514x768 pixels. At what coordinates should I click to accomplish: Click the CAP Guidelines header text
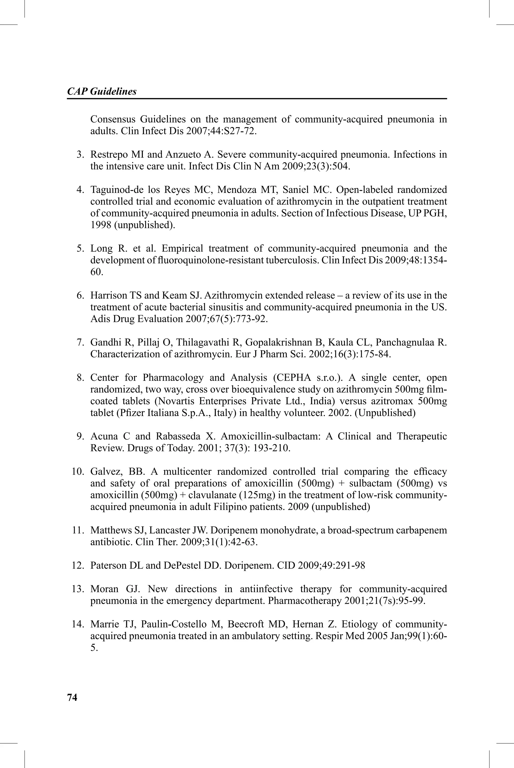click(102, 91)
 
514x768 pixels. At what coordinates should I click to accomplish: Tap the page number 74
click(72, 697)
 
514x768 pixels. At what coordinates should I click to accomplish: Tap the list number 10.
click(78, 472)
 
